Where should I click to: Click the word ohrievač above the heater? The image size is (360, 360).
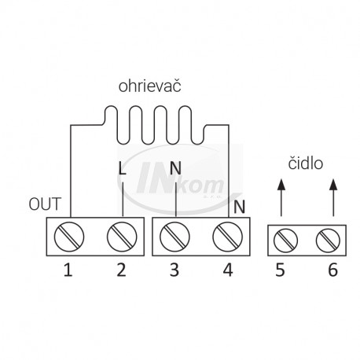[x=149, y=86]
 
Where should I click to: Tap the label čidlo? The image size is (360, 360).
[x=306, y=163]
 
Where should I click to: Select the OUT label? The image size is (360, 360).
[x=45, y=204]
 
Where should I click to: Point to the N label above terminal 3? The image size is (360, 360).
[x=175, y=168]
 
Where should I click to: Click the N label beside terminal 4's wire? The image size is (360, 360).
[x=239, y=207]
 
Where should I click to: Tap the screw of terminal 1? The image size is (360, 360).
[x=69, y=237]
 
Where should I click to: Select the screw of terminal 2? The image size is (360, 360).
[x=122, y=237]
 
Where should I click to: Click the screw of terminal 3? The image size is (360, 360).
[x=174, y=237]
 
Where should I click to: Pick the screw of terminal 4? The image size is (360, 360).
[x=228, y=237]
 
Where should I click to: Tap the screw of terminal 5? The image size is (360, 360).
[x=285, y=241]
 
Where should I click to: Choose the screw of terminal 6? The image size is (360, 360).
[x=328, y=241]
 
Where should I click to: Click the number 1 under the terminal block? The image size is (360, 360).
[x=68, y=270]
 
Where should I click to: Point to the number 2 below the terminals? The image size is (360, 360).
[x=122, y=270]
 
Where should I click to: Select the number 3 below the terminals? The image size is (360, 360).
[x=174, y=270]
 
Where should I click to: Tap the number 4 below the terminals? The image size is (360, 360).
[x=228, y=270]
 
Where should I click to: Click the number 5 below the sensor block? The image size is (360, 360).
[x=280, y=270]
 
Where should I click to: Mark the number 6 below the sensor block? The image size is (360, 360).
[x=333, y=270]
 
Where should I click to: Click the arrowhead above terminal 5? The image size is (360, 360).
[x=281, y=184]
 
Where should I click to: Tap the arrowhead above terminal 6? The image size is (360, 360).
[x=333, y=184]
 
